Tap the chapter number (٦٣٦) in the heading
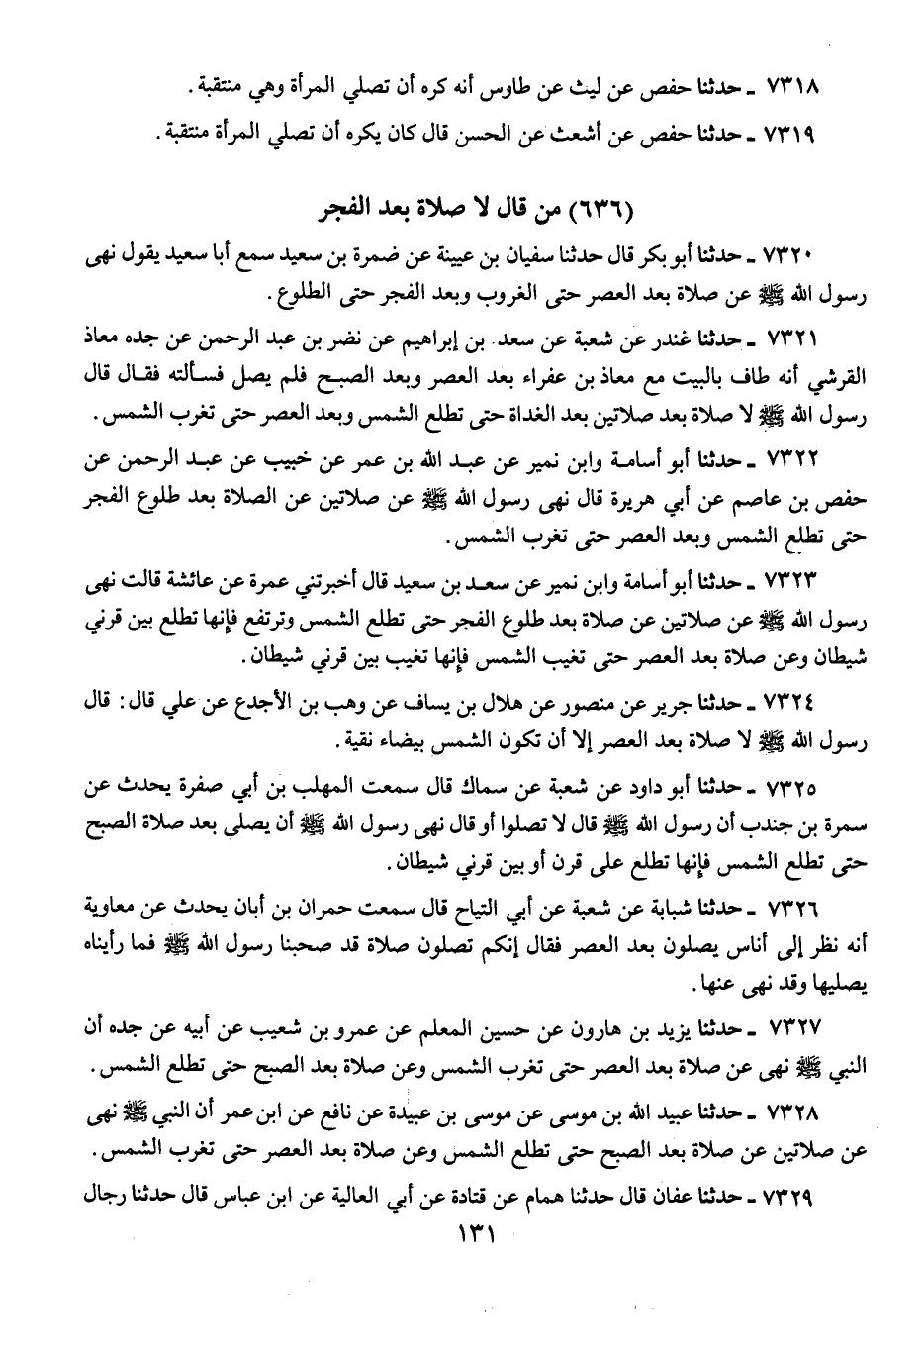coord(605,211)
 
